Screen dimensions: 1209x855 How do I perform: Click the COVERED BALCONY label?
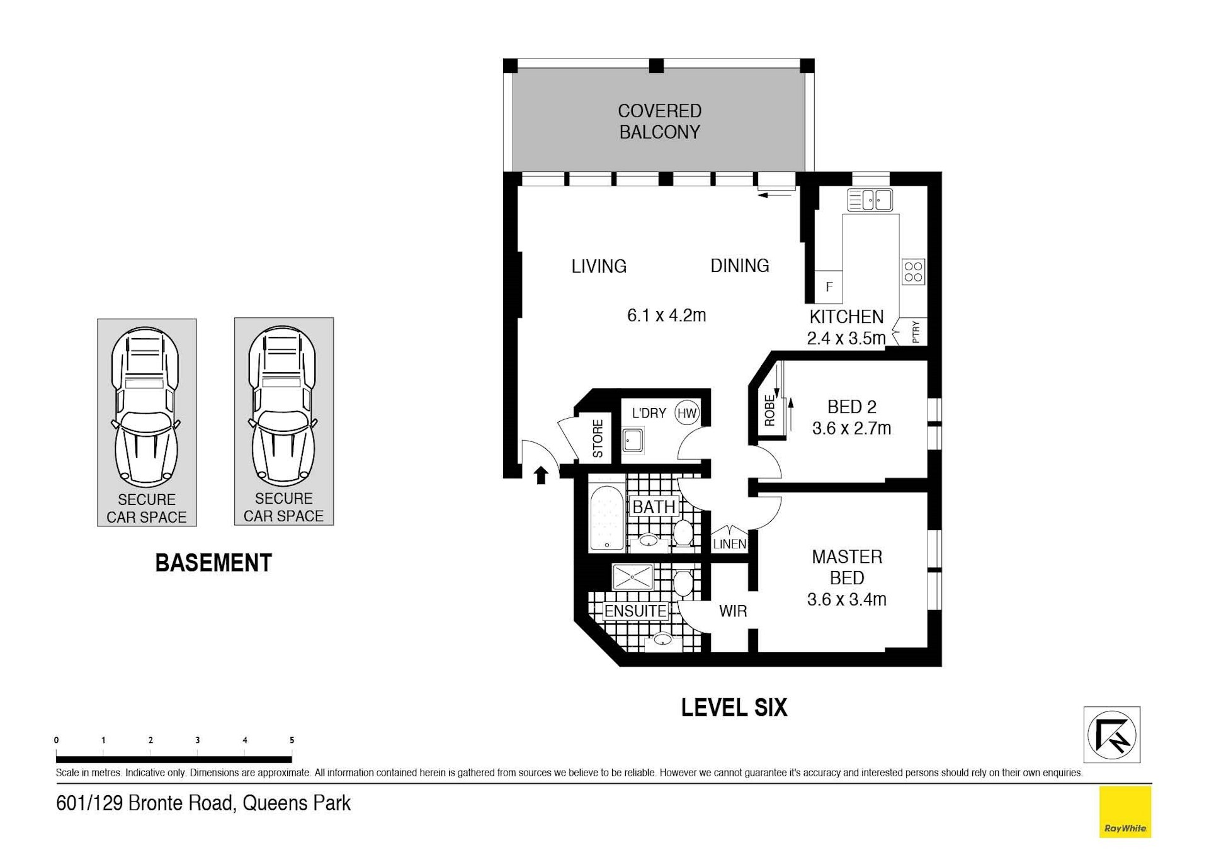659,122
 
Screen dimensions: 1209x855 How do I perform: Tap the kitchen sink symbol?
870,200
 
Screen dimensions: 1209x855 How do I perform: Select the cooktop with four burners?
914,272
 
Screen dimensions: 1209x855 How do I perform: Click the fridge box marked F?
829,287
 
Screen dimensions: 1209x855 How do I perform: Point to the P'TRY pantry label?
916,332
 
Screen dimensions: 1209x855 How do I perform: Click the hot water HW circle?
687,413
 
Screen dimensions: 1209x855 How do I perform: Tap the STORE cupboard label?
598,438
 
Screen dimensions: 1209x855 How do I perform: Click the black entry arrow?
541,475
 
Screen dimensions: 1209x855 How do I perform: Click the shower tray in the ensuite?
633,577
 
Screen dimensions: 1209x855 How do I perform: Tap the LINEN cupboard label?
730,544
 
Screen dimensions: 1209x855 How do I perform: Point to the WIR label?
733,611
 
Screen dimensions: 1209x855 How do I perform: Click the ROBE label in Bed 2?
769,411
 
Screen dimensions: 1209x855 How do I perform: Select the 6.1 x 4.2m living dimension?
666,315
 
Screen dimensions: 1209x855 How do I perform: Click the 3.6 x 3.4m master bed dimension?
847,599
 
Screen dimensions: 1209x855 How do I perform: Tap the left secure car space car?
146,407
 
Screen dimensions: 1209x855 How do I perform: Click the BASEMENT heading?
213,563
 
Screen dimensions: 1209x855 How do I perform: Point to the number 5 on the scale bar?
292,740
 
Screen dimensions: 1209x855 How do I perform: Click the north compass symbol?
1111,735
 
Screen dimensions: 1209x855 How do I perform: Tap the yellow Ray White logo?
1125,812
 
